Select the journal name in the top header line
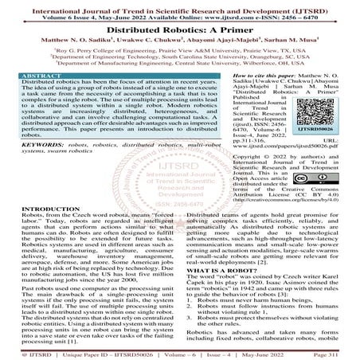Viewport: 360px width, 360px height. (179, 5)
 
